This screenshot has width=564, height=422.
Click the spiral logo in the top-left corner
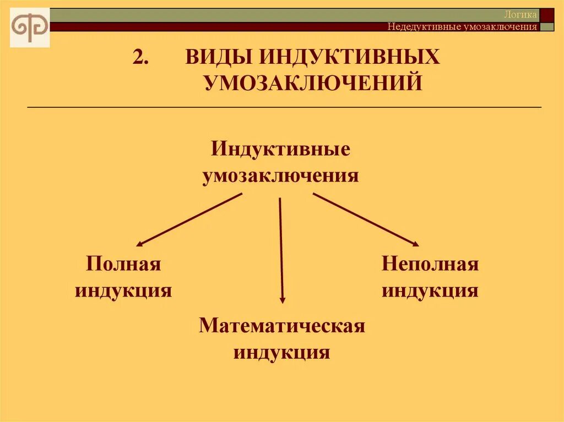pyautogui.click(x=30, y=27)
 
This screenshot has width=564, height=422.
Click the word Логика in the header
pyautogui.click(x=520, y=15)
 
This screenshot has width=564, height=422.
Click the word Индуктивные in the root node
pyautogui.click(x=280, y=150)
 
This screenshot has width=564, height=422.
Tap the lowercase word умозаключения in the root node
pyautogui.click(x=280, y=176)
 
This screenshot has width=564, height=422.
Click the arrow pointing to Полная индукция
pyautogui.click(x=189, y=219)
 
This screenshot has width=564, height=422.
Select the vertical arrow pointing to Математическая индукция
pyautogui.click(x=281, y=250)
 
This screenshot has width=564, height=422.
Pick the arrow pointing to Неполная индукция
pyautogui.click(x=366, y=219)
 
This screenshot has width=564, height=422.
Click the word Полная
pyautogui.click(x=123, y=264)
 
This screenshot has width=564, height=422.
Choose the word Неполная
pyautogui.click(x=430, y=264)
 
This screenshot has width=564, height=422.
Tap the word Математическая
pyautogui.click(x=282, y=325)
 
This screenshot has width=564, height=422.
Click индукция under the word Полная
pyautogui.click(x=123, y=290)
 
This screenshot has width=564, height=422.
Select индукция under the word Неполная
pyautogui.click(x=430, y=290)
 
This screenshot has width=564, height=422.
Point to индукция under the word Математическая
pyautogui.click(x=281, y=352)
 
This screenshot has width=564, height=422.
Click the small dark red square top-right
pyautogui.click(x=547, y=15)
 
